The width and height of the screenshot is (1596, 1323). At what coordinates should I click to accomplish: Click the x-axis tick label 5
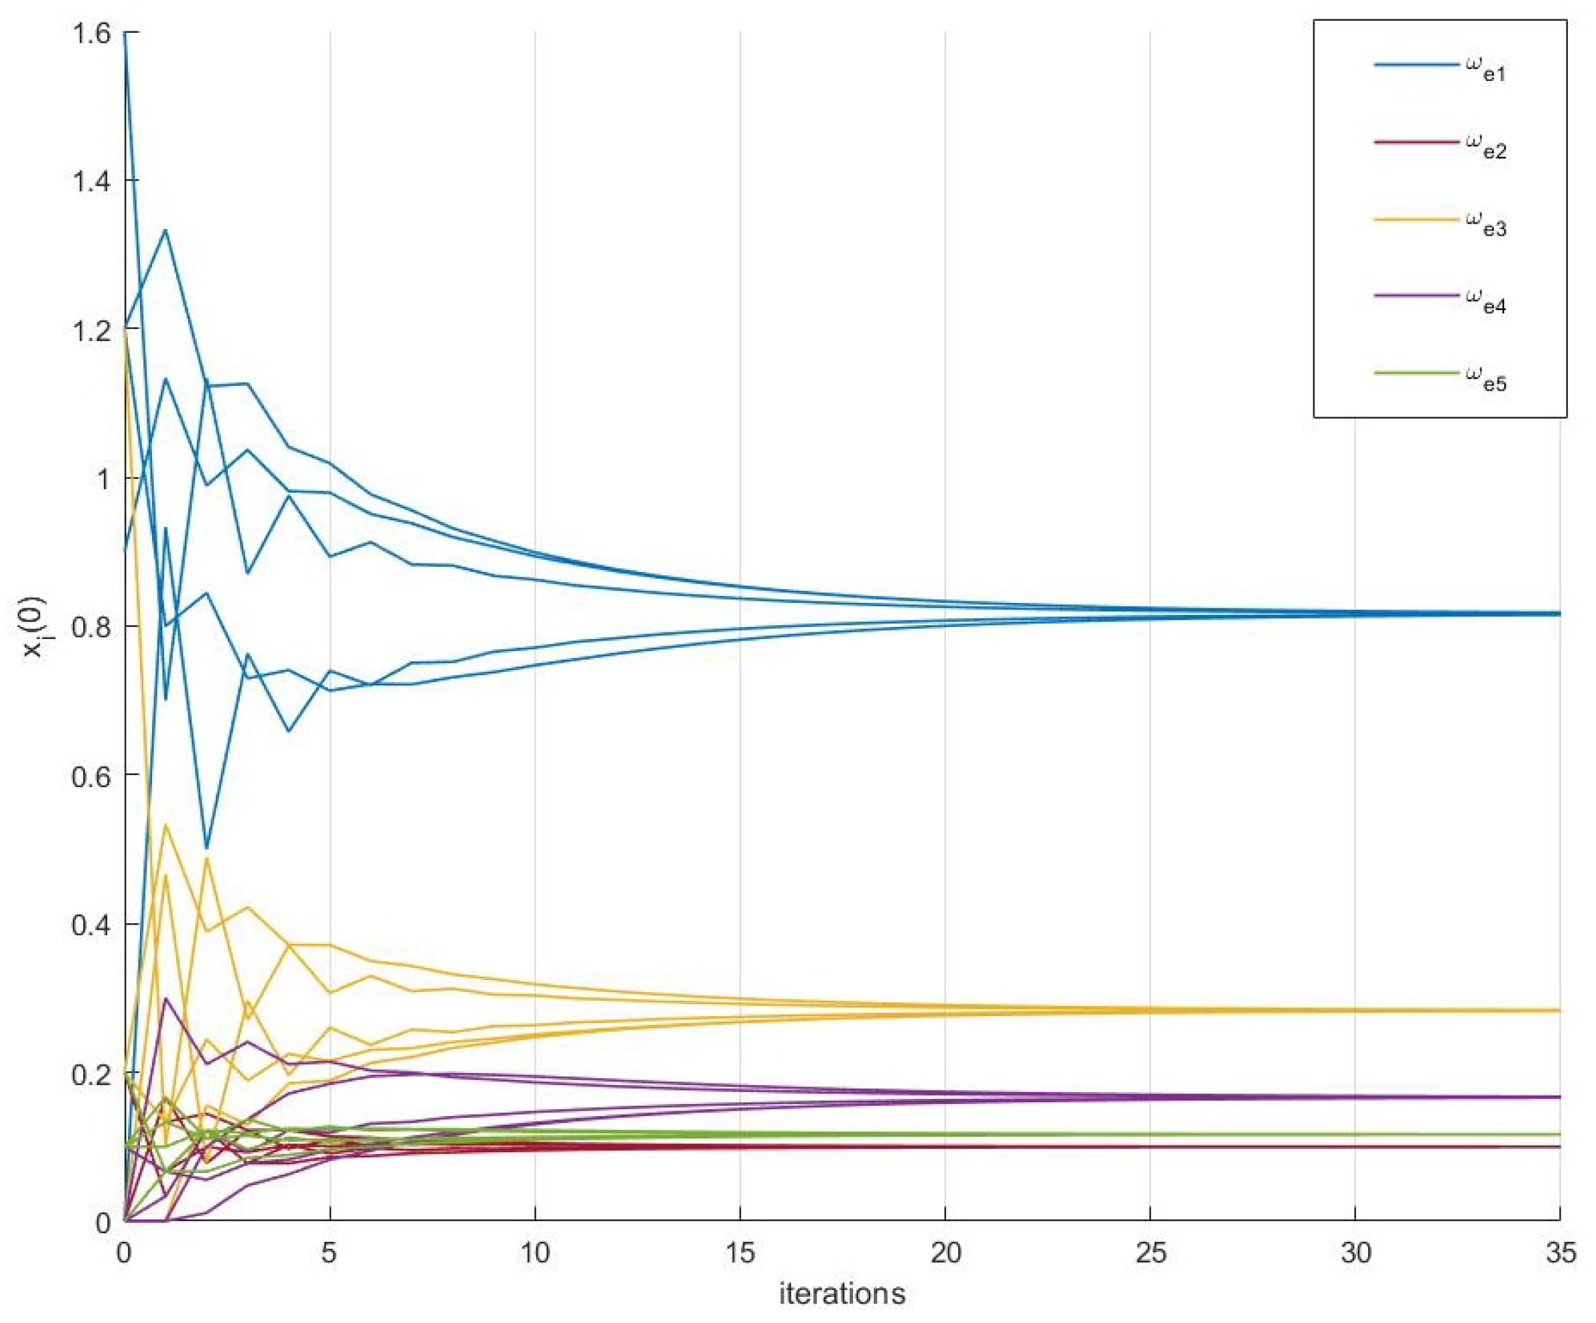pos(329,1253)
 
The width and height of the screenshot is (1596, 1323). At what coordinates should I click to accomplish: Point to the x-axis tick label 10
pos(534,1253)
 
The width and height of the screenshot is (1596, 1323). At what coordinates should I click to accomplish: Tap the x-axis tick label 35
pos(1560,1253)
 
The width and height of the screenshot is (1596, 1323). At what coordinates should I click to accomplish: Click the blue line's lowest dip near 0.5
pos(206,847)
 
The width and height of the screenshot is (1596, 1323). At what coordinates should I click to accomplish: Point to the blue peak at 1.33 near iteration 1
pos(165,230)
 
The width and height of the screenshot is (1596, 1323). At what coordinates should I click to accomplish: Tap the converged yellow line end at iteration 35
pos(1558,1010)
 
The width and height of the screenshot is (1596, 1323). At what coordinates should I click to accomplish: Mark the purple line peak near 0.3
pos(165,999)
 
